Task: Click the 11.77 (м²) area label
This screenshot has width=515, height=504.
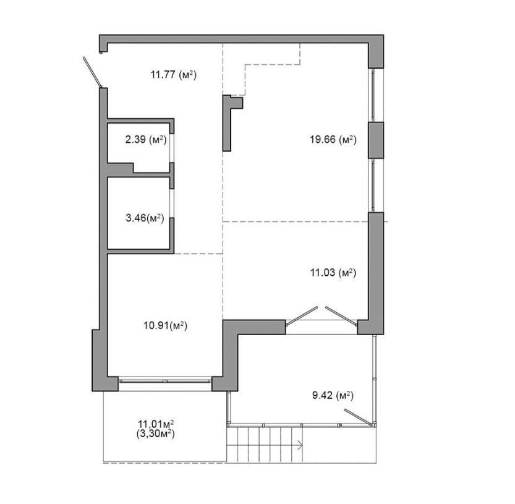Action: click(x=173, y=75)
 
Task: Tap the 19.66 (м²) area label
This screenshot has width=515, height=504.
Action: click(x=333, y=139)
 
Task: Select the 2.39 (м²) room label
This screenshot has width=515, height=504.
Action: click(x=146, y=139)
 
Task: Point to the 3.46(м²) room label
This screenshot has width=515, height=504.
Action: click(x=145, y=218)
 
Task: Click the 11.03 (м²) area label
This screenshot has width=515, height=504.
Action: click(x=333, y=272)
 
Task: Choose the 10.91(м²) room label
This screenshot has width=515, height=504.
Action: click(x=165, y=326)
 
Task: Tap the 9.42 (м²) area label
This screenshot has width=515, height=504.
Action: click(x=333, y=395)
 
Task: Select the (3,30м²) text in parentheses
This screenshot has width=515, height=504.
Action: click(x=155, y=434)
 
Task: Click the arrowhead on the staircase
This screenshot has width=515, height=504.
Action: click(x=300, y=446)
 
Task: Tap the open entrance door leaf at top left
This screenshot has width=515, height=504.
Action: click(x=93, y=72)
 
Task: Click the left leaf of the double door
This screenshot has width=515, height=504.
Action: click(x=302, y=316)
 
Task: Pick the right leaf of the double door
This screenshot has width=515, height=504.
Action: click(x=341, y=316)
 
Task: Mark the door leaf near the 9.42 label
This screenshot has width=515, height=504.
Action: click(x=358, y=417)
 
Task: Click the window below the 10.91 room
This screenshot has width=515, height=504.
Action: click(x=165, y=381)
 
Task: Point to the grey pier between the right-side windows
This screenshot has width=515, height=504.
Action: click(x=376, y=140)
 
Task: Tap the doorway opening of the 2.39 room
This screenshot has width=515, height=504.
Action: click(x=172, y=148)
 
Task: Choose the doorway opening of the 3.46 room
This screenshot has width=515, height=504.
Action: click(x=172, y=203)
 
